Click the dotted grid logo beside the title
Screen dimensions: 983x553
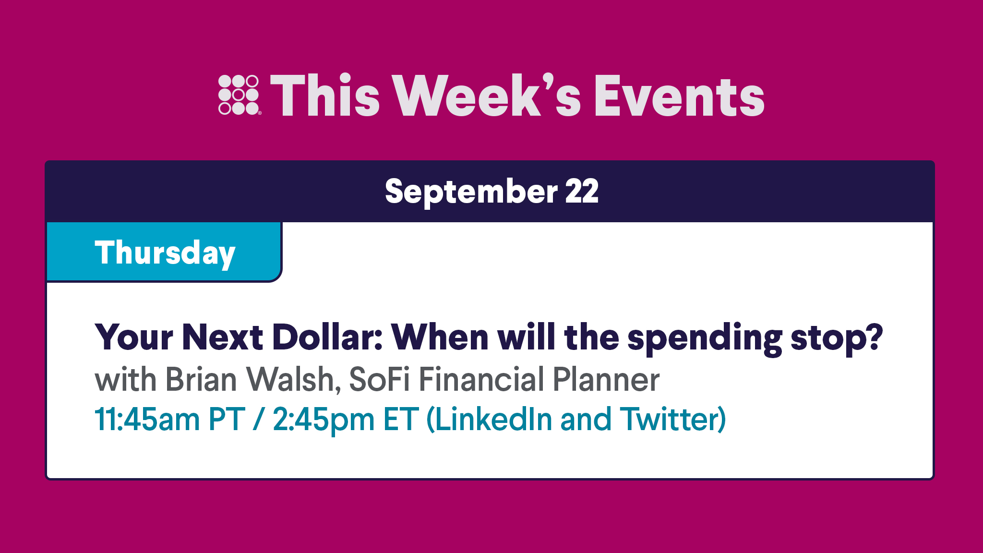(239, 95)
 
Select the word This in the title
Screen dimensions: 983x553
(325, 96)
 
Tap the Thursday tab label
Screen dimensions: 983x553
(165, 253)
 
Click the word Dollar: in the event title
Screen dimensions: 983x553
(327, 337)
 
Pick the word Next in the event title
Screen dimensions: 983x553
(222, 337)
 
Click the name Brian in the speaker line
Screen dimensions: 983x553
(201, 379)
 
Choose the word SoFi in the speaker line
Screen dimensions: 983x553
(379, 379)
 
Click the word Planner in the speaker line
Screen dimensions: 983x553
(606, 379)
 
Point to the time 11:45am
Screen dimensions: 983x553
(146, 419)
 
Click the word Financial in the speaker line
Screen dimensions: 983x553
(481, 379)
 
